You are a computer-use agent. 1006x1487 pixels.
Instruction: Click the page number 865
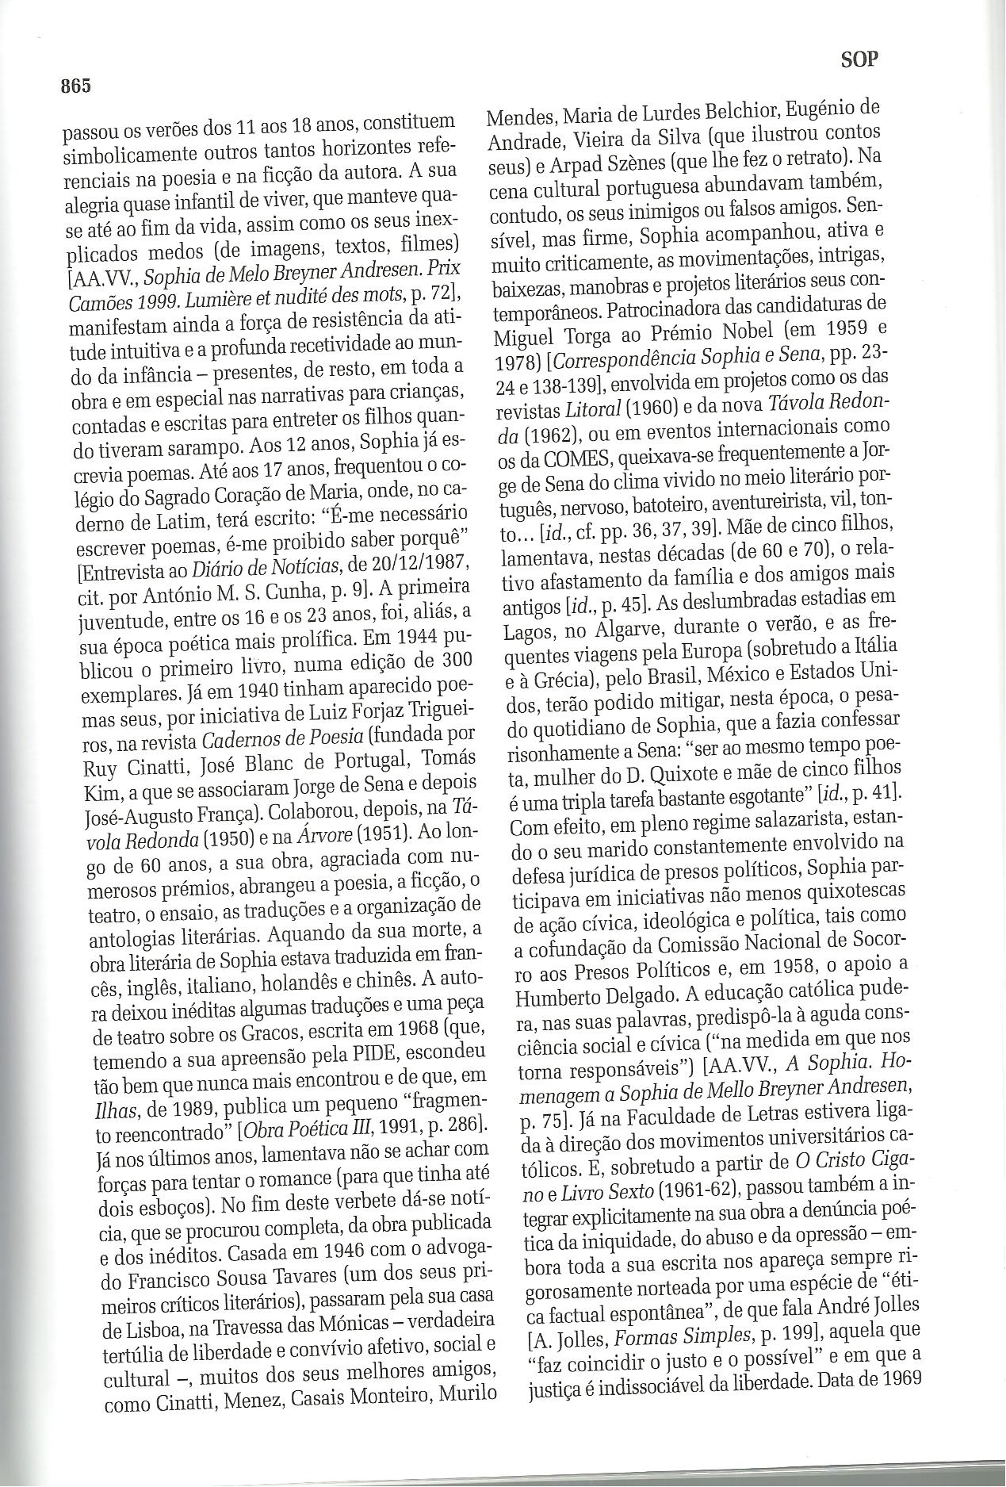coord(77,86)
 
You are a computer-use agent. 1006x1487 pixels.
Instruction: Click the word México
coord(759,675)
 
